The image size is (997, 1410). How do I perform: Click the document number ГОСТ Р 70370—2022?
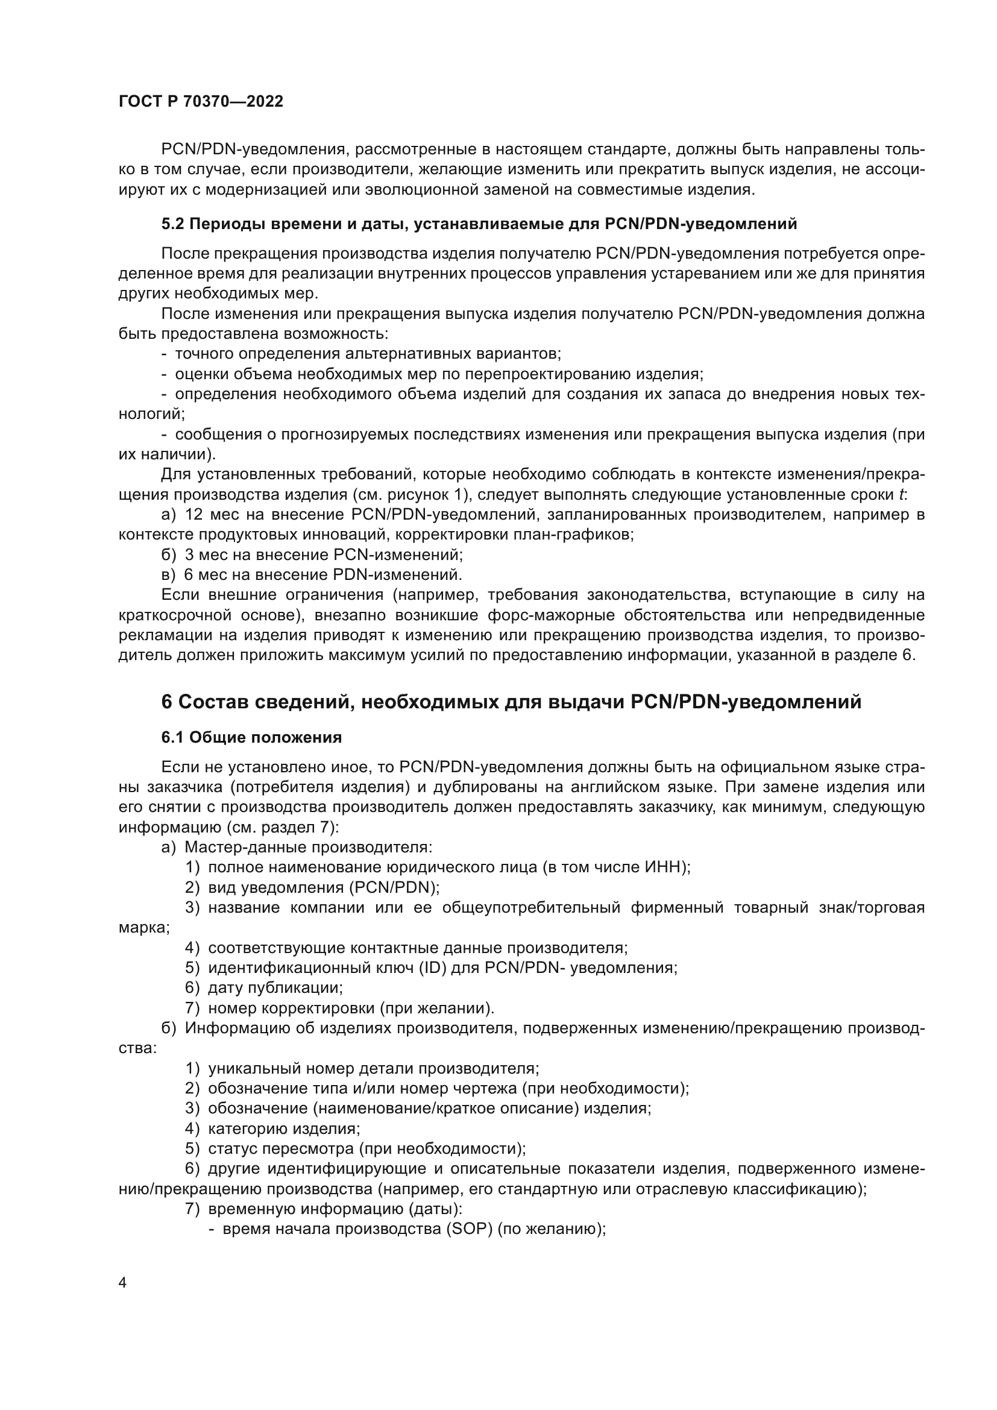[x=201, y=102]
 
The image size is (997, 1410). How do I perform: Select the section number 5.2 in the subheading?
[x=172, y=224]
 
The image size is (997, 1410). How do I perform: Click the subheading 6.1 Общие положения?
[x=251, y=737]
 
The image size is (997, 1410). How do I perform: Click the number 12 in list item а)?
[x=194, y=515]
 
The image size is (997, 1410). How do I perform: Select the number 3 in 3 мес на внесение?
[x=189, y=555]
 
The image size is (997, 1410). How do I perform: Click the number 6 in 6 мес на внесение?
[x=189, y=575]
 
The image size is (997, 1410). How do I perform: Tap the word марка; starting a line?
[x=144, y=928]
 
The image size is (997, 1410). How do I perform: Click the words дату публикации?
[x=275, y=987]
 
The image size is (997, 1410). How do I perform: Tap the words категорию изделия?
[x=284, y=1128]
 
